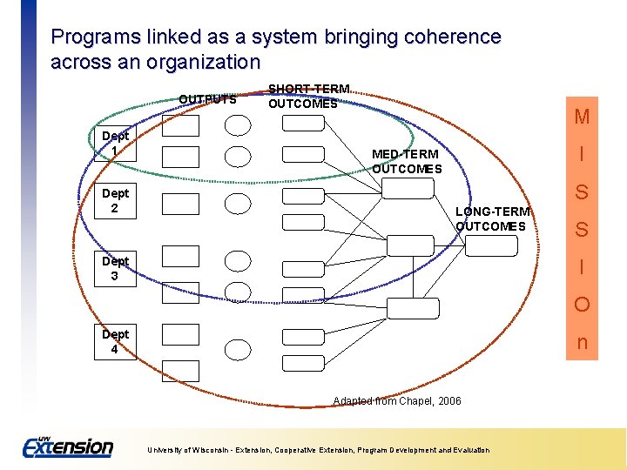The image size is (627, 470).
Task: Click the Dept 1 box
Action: [115, 144]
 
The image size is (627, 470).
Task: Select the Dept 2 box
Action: [115, 201]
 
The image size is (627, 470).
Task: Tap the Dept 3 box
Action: [115, 269]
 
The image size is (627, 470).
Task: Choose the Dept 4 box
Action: [115, 342]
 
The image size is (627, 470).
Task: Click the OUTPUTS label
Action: [207, 99]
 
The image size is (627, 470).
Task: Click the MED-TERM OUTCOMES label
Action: [406, 162]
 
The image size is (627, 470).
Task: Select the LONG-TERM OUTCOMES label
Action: [492, 219]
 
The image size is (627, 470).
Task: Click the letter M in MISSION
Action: [582, 117]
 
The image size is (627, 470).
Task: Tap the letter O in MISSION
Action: [582, 305]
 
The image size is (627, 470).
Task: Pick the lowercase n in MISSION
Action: [582, 343]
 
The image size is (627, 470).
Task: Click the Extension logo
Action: [67, 446]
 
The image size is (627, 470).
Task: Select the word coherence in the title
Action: [456, 37]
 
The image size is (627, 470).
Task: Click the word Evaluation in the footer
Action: [470, 450]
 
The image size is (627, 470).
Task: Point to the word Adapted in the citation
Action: [351, 401]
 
